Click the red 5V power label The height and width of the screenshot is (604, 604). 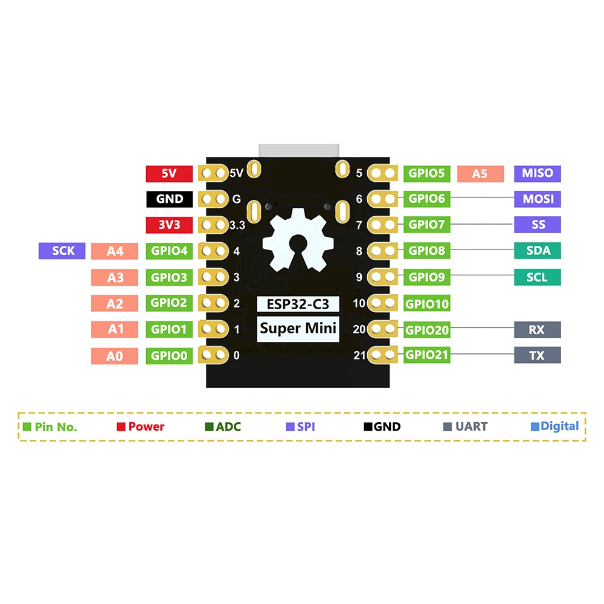[x=169, y=173]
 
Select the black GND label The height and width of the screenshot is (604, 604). [x=169, y=199]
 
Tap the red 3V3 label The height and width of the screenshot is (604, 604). [x=169, y=225]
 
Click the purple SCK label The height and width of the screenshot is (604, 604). [x=62, y=251]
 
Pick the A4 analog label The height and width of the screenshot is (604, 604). [x=115, y=251]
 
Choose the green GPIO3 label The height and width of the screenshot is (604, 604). [x=169, y=277]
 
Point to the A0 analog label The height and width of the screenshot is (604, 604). [x=115, y=356]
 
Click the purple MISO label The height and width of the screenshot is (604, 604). [x=538, y=173]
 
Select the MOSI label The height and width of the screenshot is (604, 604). [x=538, y=199]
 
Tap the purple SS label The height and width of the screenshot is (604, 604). [x=538, y=225]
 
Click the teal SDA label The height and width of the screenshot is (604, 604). [x=538, y=251]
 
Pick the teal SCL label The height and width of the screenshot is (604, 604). [x=538, y=277]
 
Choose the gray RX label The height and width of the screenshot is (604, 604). [x=538, y=330]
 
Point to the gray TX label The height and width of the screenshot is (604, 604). [x=538, y=356]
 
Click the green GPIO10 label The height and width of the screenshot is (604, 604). [x=427, y=303]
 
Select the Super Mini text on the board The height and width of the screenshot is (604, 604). [x=298, y=329]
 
